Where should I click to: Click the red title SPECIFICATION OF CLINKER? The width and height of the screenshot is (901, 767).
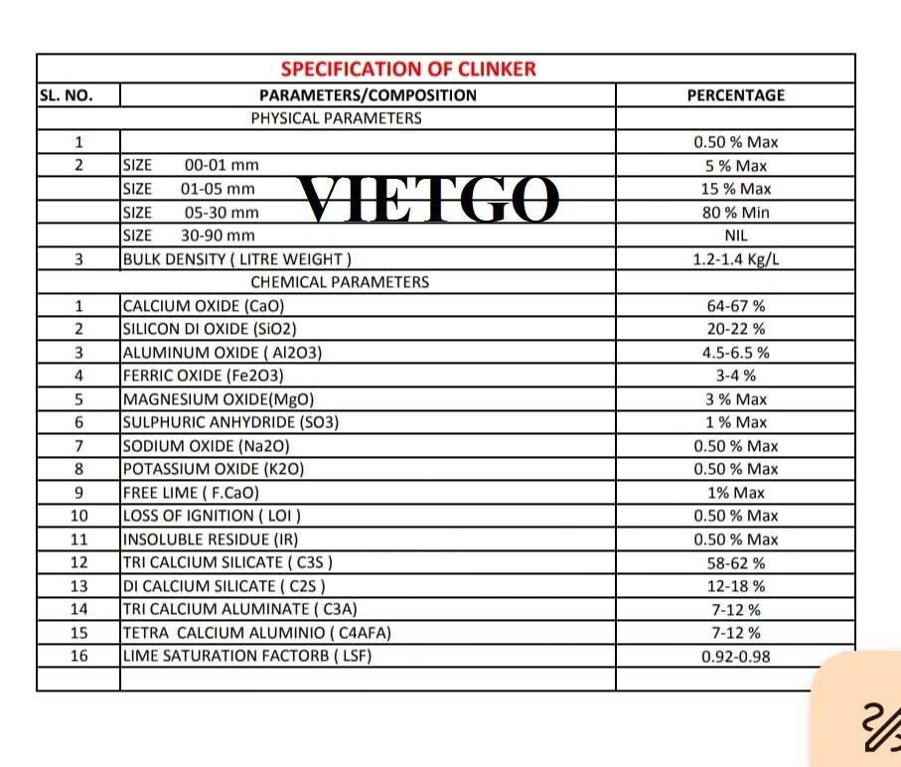(408, 69)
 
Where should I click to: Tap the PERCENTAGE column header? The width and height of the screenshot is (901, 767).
(735, 95)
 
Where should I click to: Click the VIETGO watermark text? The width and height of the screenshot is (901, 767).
(429, 200)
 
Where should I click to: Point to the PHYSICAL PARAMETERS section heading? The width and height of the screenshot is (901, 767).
(336, 118)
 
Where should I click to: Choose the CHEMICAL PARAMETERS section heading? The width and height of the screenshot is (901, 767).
(340, 282)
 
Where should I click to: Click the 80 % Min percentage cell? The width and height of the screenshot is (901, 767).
(735, 212)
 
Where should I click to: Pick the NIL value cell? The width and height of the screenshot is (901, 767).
(736, 235)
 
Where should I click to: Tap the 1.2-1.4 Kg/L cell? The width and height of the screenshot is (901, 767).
(736, 259)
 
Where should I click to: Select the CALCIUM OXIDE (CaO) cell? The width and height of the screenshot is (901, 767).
(210, 306)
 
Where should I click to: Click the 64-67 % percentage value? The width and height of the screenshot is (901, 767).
(736, 306)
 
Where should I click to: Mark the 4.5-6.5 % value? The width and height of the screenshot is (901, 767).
(736, 352)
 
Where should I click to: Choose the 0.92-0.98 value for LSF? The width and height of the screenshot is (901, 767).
(736, 656)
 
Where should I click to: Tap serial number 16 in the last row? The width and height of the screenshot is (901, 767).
(79, 656)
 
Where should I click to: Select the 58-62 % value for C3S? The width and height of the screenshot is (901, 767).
(736, 562)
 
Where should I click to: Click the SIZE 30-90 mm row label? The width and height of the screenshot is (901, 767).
(189, 235)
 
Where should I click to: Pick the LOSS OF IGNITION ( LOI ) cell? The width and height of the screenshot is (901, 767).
(212, 516)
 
